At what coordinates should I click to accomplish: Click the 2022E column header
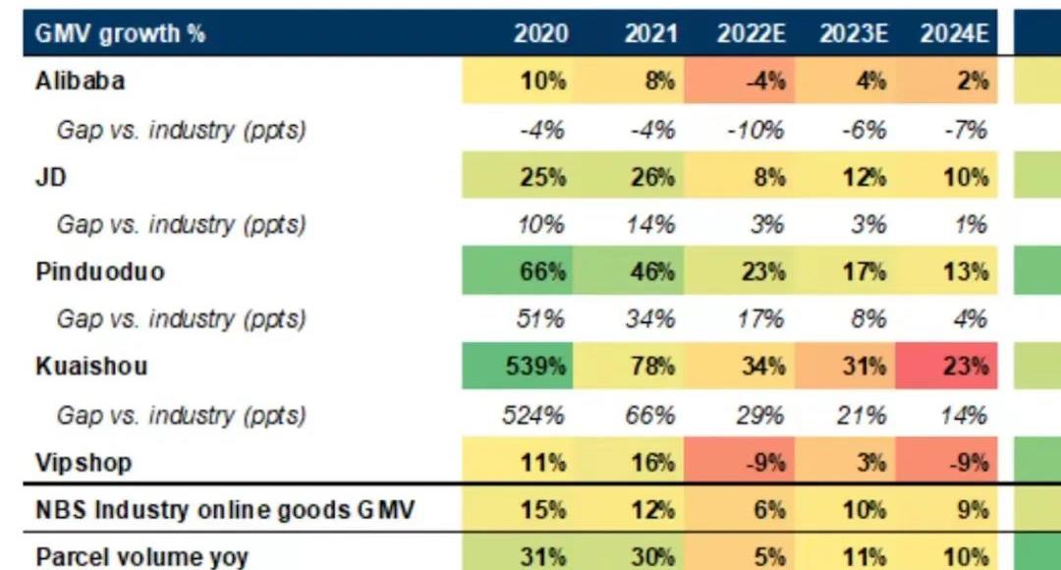(x=752, y=33)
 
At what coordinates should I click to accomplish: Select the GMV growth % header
(x=120, y=33)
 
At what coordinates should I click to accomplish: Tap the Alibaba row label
(x=80, y=82)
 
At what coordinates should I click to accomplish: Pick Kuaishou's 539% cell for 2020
(x=536, y=367)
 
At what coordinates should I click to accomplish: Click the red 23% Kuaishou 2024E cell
(x=966, y=367)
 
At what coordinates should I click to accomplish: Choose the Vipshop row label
(x=84, y=462)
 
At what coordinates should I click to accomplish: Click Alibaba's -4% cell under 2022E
(x=765, y=82)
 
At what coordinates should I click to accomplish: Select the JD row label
(x=50, y=177)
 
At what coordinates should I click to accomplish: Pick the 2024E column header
(x=954, y=33)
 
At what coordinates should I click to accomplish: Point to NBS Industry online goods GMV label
(x=225, y=510)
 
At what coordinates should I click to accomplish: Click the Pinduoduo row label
(x=99, y=271)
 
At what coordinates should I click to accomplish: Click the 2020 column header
(x=540, y=33)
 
